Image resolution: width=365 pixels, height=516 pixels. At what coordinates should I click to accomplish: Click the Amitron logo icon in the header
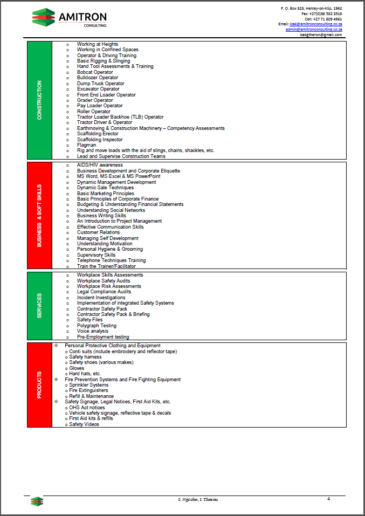coord(44,17)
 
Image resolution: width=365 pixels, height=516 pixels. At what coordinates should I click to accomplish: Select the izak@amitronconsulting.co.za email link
coord(315,24)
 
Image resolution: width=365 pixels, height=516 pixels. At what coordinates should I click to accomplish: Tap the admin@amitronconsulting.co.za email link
coord(314,29)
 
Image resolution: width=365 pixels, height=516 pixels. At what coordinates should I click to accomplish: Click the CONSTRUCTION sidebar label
coord(39,100)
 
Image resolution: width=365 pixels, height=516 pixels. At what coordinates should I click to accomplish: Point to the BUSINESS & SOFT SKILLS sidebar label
coord(39,216)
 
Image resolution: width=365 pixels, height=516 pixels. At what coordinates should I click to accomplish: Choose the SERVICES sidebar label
coord(39,306)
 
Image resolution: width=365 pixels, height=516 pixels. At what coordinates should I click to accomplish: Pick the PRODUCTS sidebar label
coord(39,385)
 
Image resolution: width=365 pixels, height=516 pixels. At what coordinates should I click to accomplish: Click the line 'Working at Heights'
coord(97,44)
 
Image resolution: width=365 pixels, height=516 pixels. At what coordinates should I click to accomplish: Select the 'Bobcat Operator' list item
coord(95,72)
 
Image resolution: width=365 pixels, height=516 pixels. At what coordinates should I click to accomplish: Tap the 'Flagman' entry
coord(86,145)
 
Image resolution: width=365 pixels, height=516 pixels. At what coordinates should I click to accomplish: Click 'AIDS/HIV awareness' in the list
coord(100,165)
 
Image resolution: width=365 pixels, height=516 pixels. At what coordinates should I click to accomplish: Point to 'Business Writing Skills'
coord(101,216)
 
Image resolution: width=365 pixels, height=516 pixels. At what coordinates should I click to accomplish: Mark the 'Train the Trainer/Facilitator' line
coord(106,266)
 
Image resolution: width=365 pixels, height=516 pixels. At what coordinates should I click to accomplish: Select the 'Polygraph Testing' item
coord(97,326)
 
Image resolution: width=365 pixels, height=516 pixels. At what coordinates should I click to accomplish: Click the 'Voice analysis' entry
coord(92,331)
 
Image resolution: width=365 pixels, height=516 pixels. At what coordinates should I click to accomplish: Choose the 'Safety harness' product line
coord(85,357)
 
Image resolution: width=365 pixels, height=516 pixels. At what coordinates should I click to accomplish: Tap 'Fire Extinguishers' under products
coord(88,391)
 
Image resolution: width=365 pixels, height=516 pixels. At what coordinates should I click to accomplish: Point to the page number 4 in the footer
coord(328,499)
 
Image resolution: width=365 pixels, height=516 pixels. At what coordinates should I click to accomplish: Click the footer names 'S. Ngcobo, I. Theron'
coord(198,500)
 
